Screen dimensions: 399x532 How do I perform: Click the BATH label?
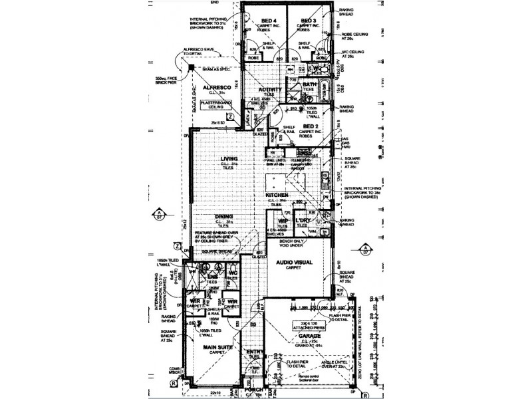tap(310, 85)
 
